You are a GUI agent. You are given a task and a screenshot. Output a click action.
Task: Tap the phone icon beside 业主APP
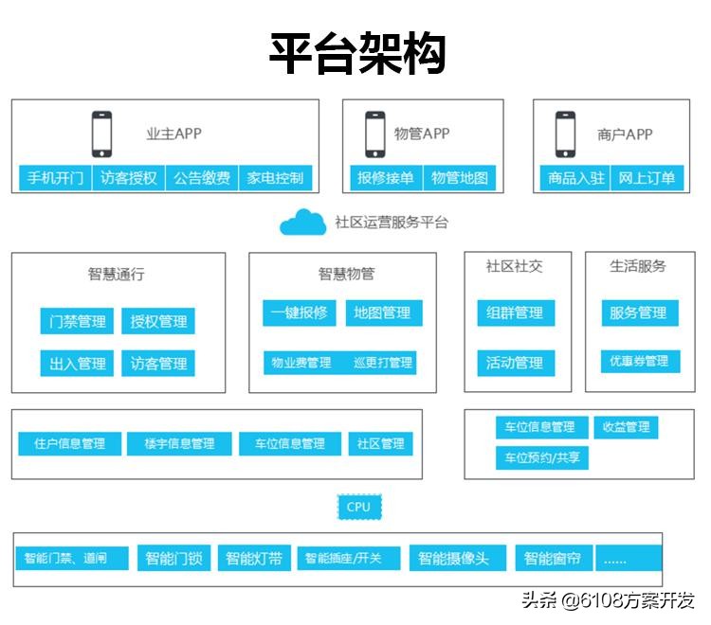[x=101, y=134]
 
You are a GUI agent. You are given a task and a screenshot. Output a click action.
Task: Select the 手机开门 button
[x=55, y=178]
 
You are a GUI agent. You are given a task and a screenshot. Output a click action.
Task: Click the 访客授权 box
[x=129, y=178]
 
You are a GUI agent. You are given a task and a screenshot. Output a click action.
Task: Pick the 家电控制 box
[x=275, y=178]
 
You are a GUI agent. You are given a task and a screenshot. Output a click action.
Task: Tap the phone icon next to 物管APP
[x=374, y=134]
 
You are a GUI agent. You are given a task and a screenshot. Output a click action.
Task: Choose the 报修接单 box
[x=385, y=178]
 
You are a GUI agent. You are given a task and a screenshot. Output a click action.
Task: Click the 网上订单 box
[x=647, y=178]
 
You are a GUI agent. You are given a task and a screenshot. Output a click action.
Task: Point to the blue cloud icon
[x=302, y=223]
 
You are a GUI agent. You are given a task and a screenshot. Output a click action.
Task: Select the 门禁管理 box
[x=78, y=321]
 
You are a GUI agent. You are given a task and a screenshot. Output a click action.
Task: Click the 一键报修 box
[x=299, y=312]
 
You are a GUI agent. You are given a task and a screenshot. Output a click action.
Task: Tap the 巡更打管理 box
[x=383, y=362]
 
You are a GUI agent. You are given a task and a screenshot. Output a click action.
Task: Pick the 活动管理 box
[x=515, y=362]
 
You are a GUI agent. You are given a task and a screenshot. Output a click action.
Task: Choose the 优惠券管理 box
[x=639, y=361]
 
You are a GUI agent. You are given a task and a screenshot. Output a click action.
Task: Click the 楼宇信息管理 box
[x=179, y=443]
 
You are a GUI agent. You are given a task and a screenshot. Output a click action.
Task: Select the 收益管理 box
[x=626, y=427]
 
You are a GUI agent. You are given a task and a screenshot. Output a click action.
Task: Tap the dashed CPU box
[x=358, y=507]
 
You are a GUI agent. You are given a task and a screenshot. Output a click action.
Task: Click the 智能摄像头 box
[x=454, y=558]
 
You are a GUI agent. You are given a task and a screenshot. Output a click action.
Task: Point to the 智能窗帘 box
[x=553, y=558]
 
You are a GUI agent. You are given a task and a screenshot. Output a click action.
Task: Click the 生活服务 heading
[x=637, y=266]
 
